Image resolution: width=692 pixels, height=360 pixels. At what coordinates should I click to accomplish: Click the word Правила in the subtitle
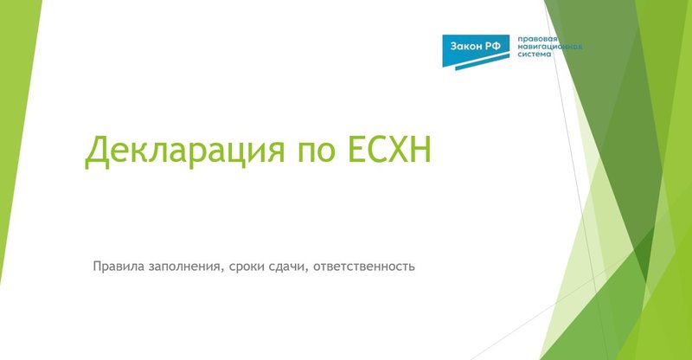(117, 265)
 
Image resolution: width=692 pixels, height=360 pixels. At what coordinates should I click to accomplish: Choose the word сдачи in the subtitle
(290, 266)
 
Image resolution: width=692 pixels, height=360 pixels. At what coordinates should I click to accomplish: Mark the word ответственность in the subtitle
(366, 266)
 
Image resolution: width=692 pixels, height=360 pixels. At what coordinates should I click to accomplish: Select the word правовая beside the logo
(535, 39)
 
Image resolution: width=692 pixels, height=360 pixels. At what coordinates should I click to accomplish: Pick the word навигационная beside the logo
(549, 48)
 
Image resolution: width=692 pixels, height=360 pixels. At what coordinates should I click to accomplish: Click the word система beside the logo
(534, 55)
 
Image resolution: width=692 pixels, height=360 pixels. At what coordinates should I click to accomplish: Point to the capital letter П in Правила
(97, 265)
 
